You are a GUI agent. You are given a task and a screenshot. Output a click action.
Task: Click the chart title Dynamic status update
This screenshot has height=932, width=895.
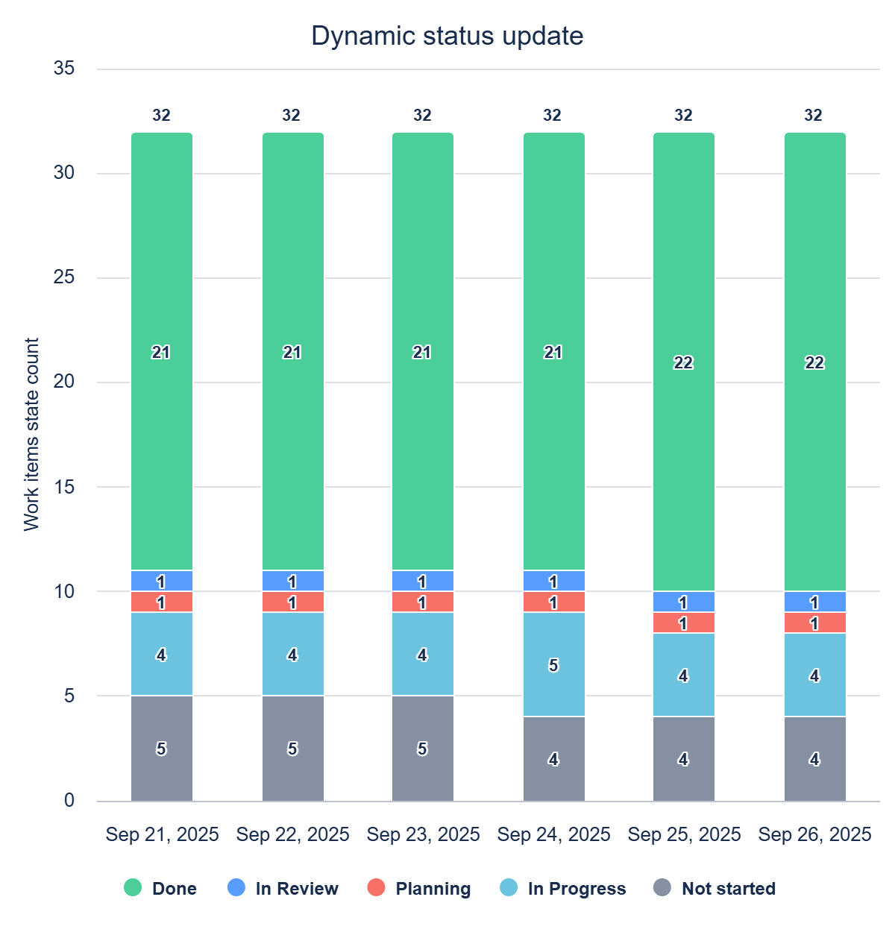447,36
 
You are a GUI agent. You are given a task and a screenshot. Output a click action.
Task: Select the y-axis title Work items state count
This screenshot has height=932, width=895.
31,435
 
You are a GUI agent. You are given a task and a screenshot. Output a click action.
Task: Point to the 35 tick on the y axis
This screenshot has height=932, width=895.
64,69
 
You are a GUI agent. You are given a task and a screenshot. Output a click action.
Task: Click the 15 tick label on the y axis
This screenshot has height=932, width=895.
64,487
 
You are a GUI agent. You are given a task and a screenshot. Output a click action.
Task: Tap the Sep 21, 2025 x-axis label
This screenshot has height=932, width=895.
162,834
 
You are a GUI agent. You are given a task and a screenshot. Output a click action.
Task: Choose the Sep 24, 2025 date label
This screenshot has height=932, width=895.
553,834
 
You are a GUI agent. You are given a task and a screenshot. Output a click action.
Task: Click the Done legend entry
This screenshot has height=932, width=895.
160,888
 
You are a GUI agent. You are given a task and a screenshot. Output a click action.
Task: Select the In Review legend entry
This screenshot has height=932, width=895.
283,888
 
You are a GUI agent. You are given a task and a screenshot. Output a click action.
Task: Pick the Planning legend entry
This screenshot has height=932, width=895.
419,888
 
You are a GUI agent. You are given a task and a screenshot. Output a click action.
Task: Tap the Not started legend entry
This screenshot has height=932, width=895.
714,888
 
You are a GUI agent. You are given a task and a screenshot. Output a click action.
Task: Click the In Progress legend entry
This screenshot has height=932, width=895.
563,888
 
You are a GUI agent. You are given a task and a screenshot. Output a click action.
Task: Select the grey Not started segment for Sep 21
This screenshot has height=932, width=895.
162,749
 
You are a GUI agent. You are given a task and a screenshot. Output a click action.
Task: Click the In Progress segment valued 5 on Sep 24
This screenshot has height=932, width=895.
553,664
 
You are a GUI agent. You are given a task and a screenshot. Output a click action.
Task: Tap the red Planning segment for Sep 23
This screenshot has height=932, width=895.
423,602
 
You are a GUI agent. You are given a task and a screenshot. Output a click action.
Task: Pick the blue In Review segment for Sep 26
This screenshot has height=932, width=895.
814,602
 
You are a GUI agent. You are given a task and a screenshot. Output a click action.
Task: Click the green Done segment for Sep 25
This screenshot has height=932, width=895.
684,362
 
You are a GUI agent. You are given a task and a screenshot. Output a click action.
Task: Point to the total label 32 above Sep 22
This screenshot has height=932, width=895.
291,115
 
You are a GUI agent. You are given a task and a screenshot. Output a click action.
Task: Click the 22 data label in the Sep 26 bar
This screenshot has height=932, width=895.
814,362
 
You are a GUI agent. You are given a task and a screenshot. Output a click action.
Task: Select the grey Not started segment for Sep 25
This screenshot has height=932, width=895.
684,759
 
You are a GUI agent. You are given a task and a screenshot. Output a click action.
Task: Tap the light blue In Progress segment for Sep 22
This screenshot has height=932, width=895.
292,654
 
